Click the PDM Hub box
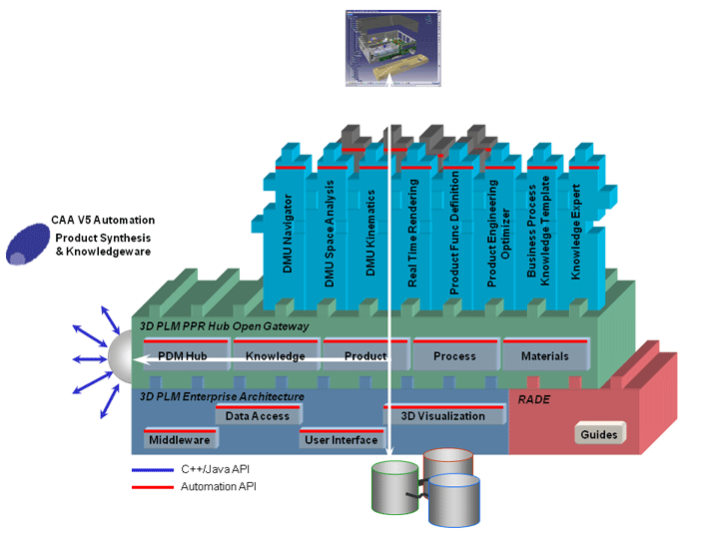click(x=182, y=355)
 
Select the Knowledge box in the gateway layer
click(x=275, y=355)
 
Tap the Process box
click(x=453, y=355)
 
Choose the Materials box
click(x=544, y=355)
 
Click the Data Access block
click(x=258, y=416)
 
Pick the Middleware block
click(x=179, y=439)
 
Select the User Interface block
click(x=342, y=439)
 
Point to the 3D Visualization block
click(x=442, y=416)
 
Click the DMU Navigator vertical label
click(x=290, y=235)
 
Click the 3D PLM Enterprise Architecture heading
click(x=222, y=397)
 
